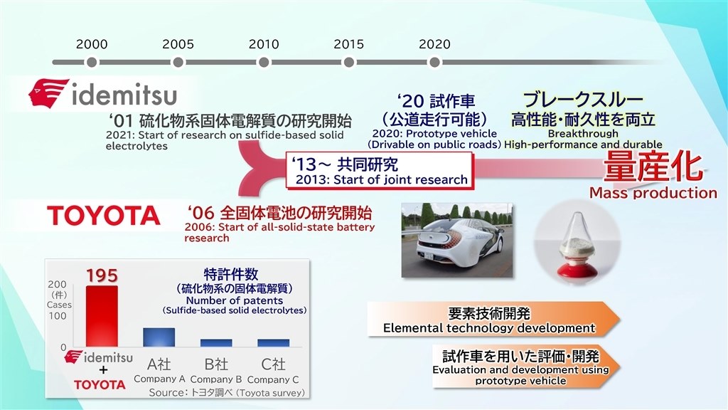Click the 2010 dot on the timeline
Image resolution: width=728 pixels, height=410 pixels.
264,63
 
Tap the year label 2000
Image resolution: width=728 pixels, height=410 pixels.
92,44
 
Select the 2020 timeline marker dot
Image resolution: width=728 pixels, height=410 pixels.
434,63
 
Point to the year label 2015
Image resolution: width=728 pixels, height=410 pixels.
348,44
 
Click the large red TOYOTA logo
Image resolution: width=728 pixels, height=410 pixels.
104,216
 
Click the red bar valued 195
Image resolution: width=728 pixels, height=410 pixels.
102,316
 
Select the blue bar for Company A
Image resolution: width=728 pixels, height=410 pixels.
159,337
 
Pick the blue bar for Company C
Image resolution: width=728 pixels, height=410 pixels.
274,343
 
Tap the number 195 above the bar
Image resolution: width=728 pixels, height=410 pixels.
102,275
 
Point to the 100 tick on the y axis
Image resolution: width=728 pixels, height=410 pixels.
57,316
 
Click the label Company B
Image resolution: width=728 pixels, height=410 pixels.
216,379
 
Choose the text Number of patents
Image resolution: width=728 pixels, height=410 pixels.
235,301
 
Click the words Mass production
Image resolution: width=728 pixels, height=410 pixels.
653,193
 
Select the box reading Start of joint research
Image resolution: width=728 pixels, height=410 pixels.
380,171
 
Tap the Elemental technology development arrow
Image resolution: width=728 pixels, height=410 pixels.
493,320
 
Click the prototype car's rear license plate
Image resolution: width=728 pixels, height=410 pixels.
427,256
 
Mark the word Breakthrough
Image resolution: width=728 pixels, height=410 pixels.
583,134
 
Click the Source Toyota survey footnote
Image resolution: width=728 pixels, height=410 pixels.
227,393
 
